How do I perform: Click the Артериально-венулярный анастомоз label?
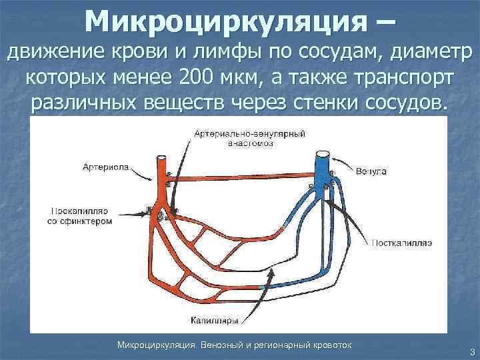(249, 138)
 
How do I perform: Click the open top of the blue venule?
(323, 153)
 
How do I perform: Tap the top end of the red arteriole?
(161, 161)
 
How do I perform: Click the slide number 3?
(471, 352)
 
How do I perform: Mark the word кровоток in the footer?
(333, 345)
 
